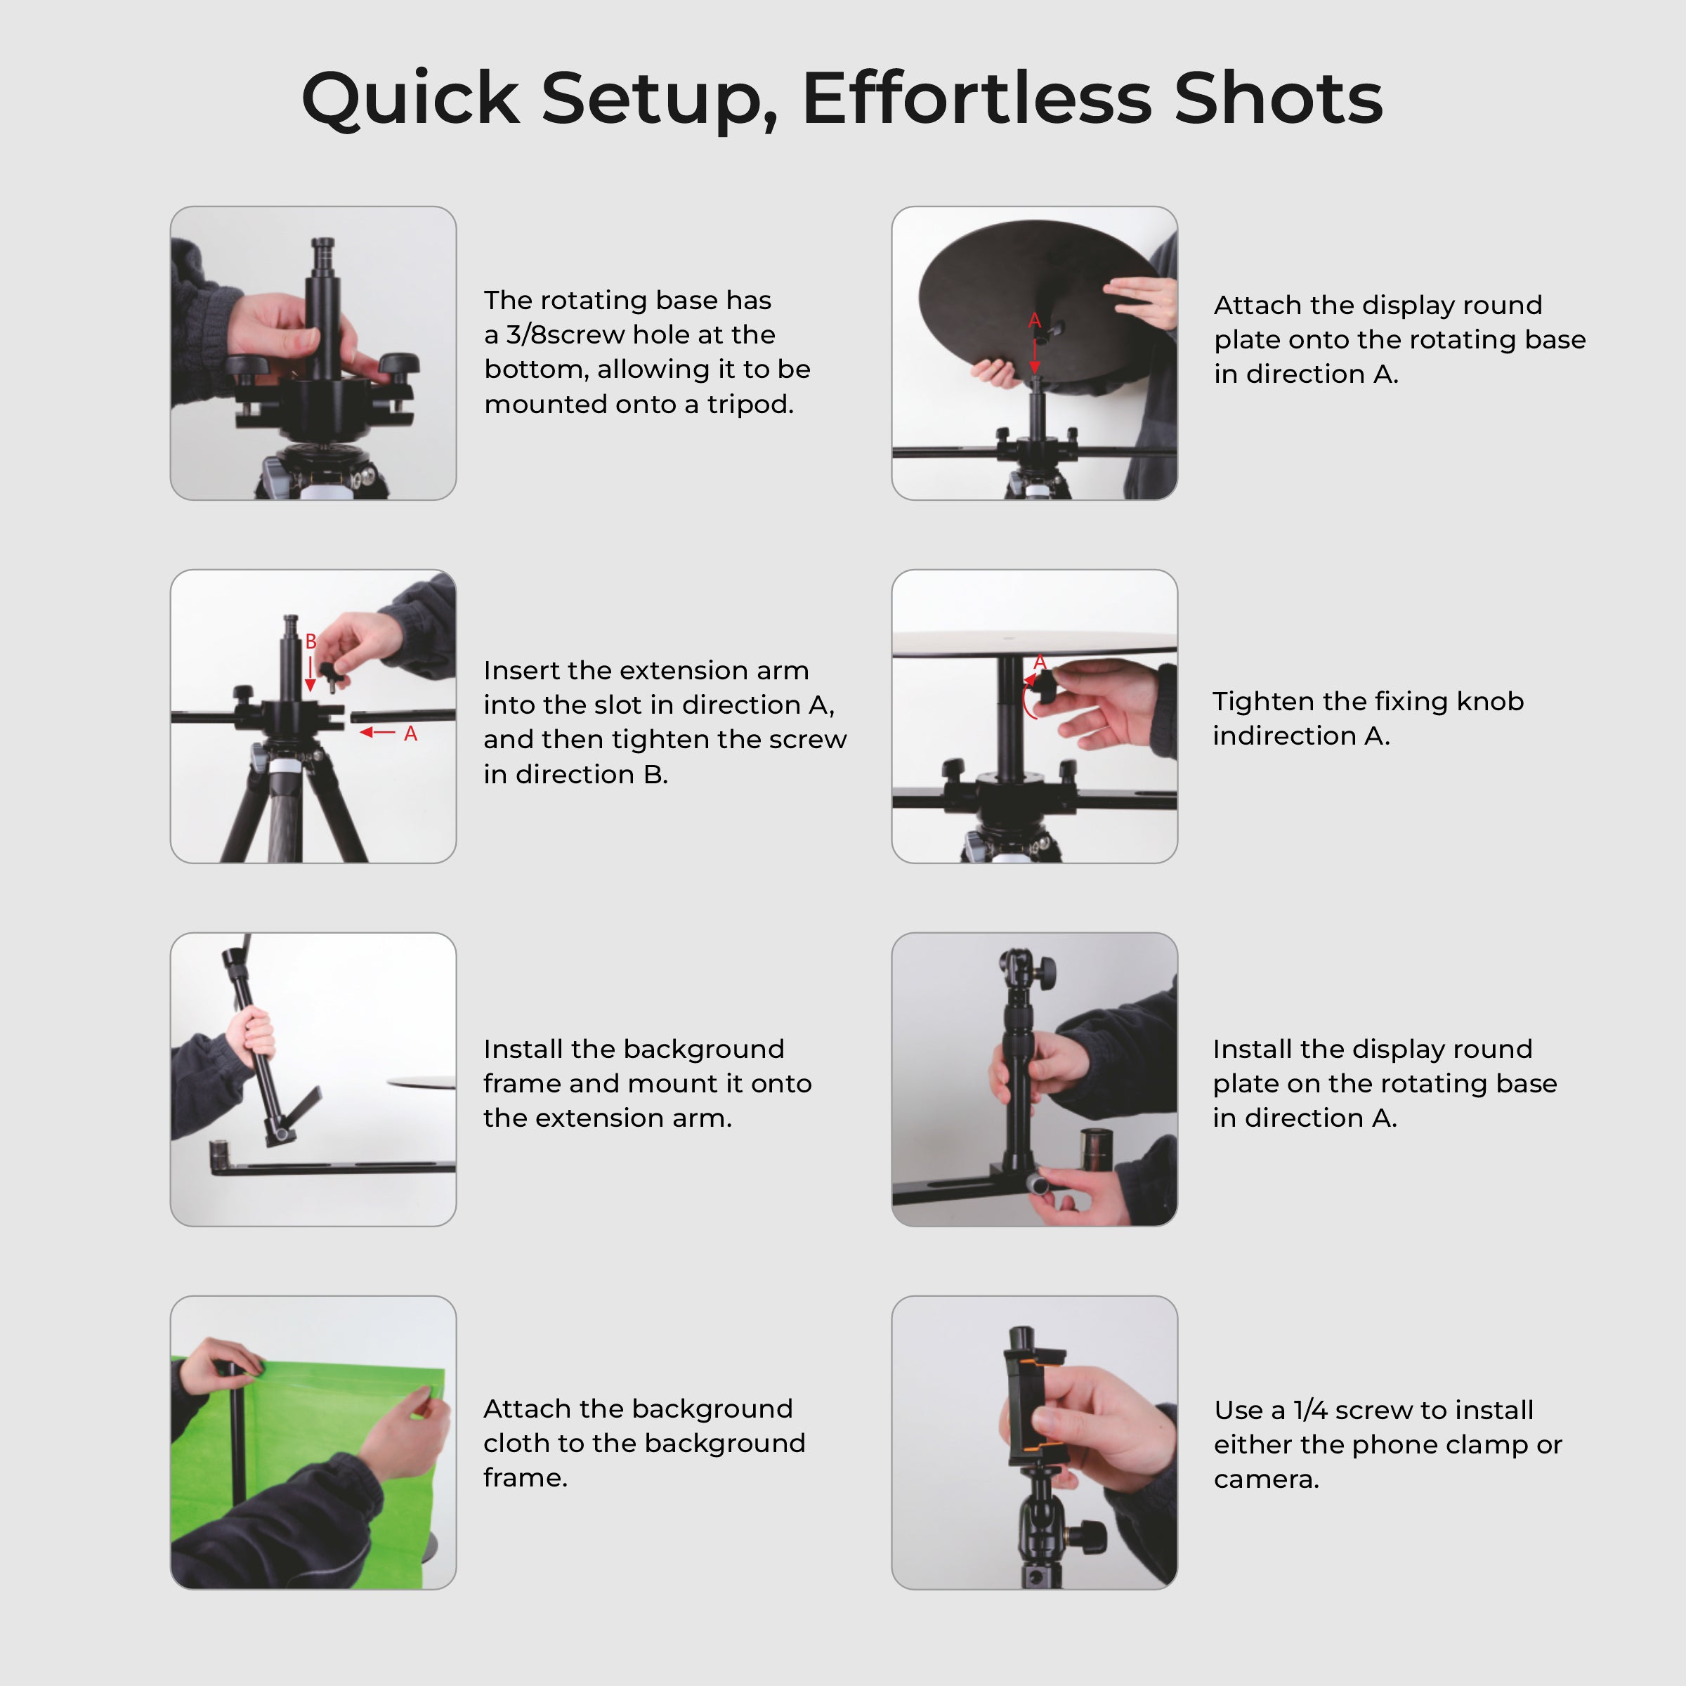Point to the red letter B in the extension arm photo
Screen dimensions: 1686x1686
[x=311, y=641]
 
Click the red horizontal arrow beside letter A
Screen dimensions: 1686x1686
[x=378, y=732]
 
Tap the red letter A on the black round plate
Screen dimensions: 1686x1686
[x=1034, y=320]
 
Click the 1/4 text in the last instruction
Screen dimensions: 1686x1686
[x=1309, y=1409]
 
